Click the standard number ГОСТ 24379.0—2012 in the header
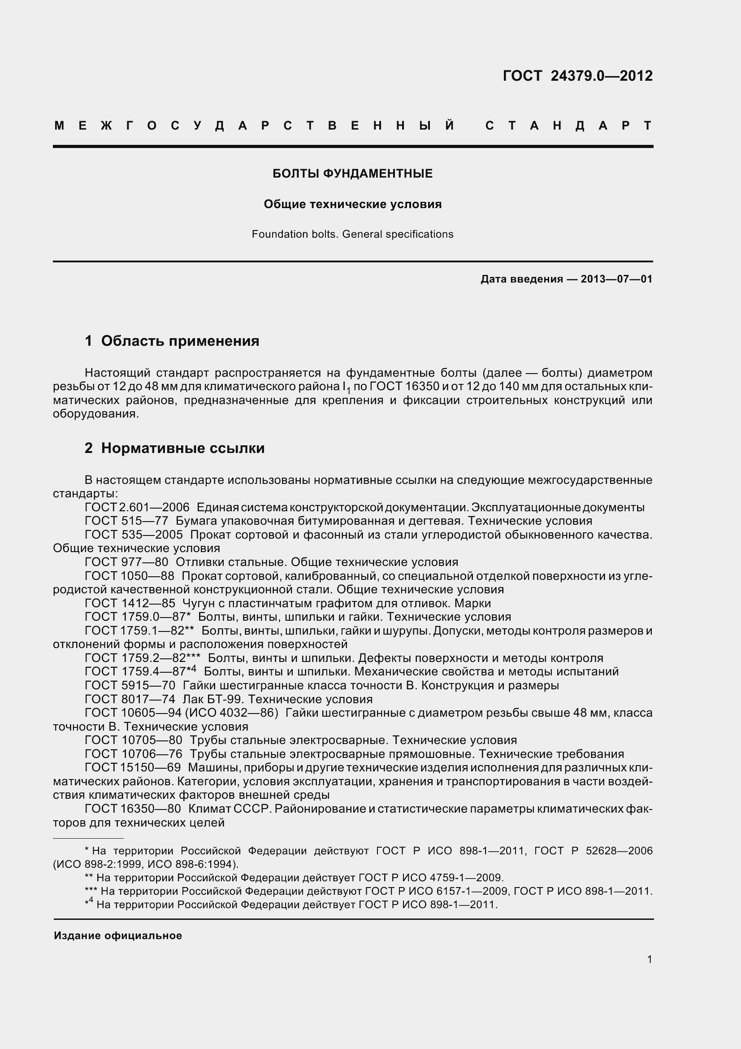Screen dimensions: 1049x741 (x=577, y=76)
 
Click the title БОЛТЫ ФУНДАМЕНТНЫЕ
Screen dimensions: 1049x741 (x=352, y=174)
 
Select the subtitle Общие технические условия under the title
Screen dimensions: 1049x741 (x=352, y=204)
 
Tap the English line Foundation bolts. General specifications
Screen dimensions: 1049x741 (x=352, y=235)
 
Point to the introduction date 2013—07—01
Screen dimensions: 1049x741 (x=616, y=279)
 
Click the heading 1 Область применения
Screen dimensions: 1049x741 (x=172, y=341)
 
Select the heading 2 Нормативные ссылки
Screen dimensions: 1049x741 (x=174, y=448)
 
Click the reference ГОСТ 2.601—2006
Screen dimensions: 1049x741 (x=137, y=508)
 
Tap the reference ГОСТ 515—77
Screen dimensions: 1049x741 (x=126, y=521)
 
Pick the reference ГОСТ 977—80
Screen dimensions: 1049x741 (x=126, y=562)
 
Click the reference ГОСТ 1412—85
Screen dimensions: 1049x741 (x=130, y=604)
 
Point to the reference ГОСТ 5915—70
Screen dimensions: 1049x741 (x=130, y=686)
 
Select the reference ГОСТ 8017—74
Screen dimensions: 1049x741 (x=130, y=700)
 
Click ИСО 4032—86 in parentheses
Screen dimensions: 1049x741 (x=231, y=713)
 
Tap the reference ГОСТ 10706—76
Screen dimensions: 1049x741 (x=133, y=754)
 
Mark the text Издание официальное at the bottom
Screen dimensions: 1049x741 (x=118, y=936)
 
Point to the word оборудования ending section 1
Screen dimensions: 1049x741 (x=95, y=414)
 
